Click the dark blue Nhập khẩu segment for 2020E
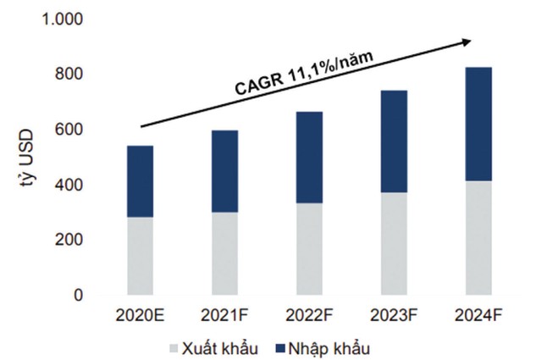pos(140,181)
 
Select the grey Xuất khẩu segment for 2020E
pos(140,256)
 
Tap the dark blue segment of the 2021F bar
pos(224,171)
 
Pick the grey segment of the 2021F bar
pos(224,252)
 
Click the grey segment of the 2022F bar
pos(309,248)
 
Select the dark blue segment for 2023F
pos(394,141)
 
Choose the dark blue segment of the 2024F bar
pos(478,124)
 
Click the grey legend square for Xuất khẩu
pos(174,348)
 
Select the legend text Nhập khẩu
pos(324,347)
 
